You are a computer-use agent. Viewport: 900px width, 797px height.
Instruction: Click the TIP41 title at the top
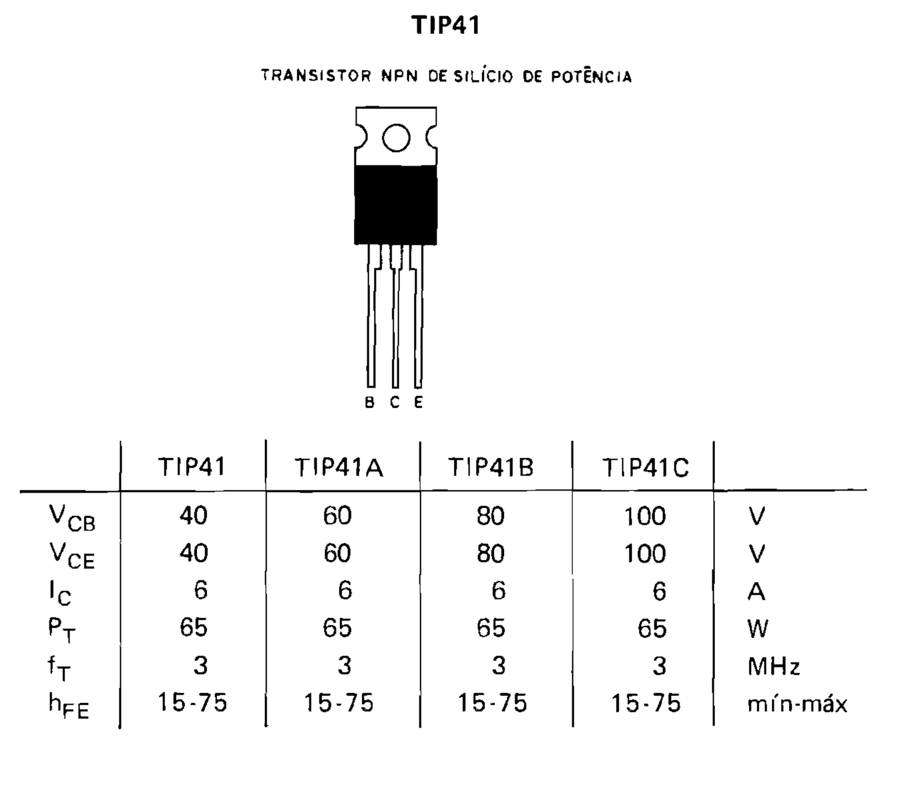coord(445,25)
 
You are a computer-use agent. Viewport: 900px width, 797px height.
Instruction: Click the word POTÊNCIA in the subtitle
coord(591,76)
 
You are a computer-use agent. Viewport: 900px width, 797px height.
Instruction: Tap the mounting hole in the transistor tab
coord(396,138)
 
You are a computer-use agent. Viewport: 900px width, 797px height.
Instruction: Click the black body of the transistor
coord(395,205)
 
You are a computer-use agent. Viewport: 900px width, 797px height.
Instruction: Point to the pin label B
coord(370,403)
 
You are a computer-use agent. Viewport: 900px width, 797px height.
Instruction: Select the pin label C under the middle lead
coord(394,403)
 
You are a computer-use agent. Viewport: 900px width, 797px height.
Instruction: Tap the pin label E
coord(418,403)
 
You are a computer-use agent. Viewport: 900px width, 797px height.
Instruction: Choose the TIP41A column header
coord(339,468)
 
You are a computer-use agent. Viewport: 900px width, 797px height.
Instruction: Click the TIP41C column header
coord(645,468)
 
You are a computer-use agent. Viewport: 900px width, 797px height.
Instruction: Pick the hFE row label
coord(69,705)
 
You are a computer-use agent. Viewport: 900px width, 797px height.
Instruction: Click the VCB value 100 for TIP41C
coord(645,516)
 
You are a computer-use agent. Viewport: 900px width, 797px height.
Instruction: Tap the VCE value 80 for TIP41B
coord(490,554)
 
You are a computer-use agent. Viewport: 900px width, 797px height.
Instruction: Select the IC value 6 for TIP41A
coord(345,591)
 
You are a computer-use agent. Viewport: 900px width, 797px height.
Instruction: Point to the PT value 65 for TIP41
coord(193,628)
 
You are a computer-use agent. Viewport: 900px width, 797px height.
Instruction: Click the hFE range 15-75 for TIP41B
coord(492,703)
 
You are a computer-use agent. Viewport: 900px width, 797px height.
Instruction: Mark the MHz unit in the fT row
coord(773,667)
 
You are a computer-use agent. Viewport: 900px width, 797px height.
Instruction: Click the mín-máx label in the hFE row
coord(797,704)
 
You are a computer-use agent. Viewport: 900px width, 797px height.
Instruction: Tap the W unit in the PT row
coord(758,629)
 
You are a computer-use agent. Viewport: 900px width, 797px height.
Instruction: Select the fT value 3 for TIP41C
coord(659,666)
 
